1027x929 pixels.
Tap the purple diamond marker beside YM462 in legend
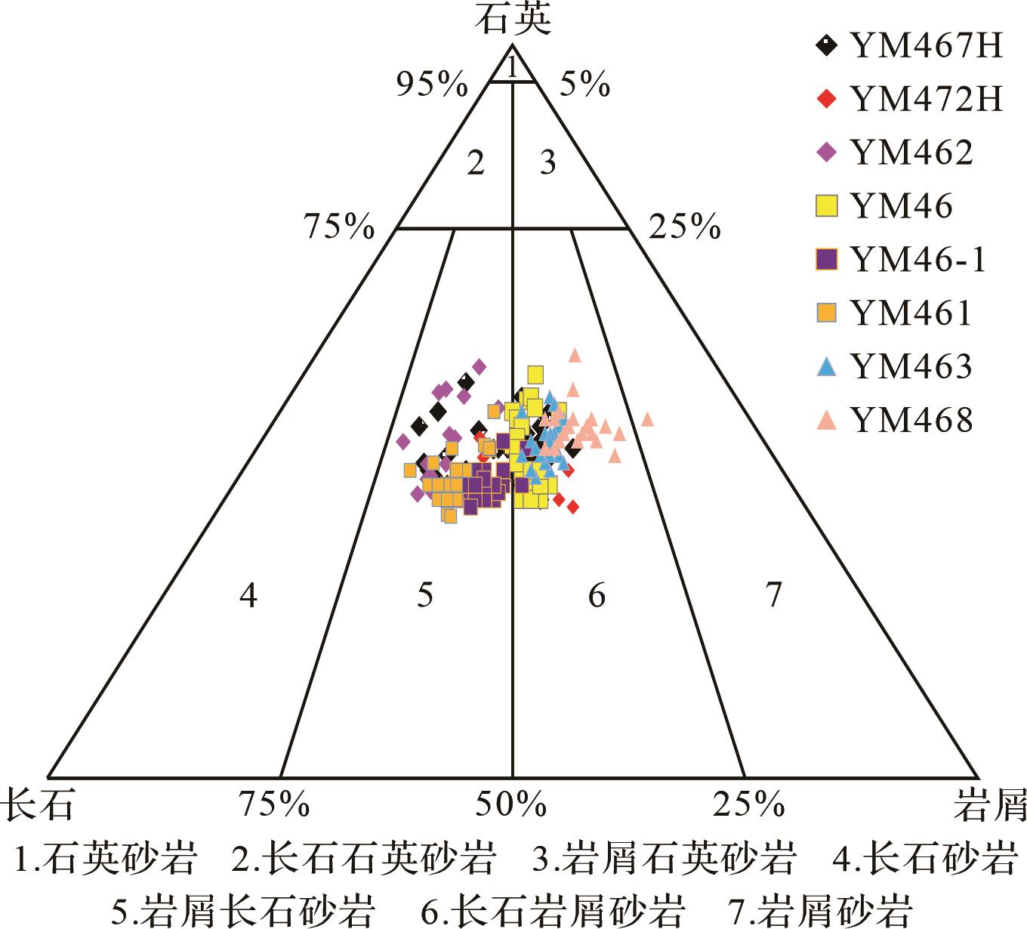click(828, 153)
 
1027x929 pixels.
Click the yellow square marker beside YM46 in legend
click(828, 206)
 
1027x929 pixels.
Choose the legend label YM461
click(911, 313)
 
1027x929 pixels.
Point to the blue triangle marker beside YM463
click(828, 367)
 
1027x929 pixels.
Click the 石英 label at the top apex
click(513, 20)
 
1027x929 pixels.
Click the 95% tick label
click(432, 85)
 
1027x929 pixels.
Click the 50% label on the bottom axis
click(510, 805)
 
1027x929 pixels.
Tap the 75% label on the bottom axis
click(274, 805)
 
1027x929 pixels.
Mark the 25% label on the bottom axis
click(748, 805)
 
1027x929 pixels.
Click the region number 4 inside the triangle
click(248, 597)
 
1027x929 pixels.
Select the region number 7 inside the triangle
click(773, 597)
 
